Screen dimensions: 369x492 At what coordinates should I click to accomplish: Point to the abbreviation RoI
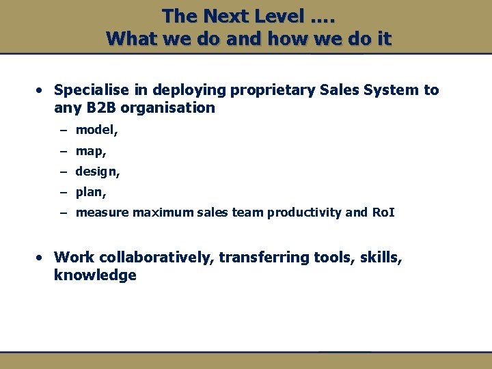click(383, 213)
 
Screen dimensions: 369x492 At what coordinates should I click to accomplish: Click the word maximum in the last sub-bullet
click(162, 213)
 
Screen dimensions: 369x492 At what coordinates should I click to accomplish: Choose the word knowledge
click(95, 275)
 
